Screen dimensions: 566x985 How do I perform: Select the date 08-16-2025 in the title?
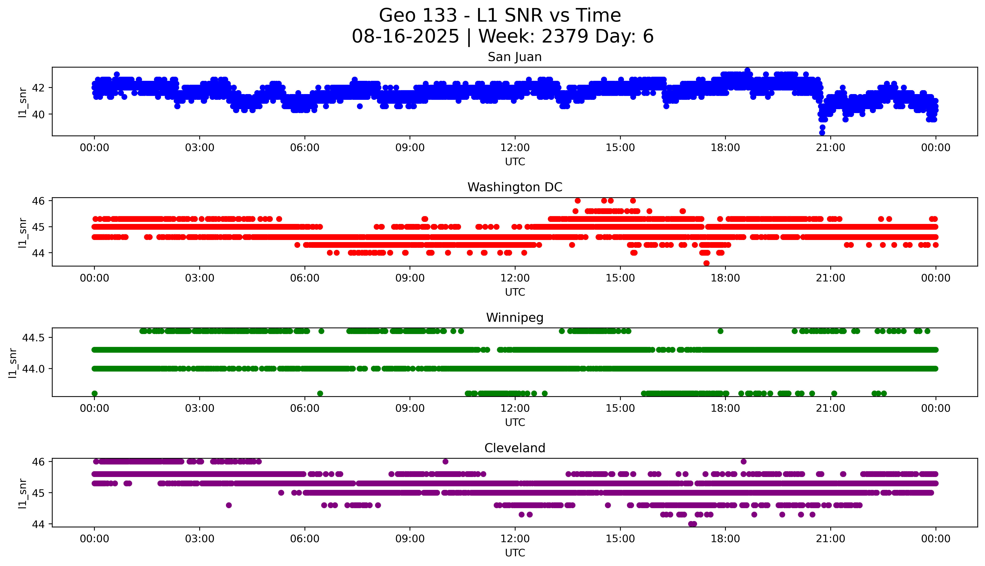pos(405,37)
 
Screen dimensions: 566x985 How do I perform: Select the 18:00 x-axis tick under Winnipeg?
pos(725,408)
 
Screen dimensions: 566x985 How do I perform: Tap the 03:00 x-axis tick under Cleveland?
pos(200,539)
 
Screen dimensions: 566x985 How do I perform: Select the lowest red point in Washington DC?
pos(706,263)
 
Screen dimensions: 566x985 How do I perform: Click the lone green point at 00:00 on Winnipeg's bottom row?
pos(94,393)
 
